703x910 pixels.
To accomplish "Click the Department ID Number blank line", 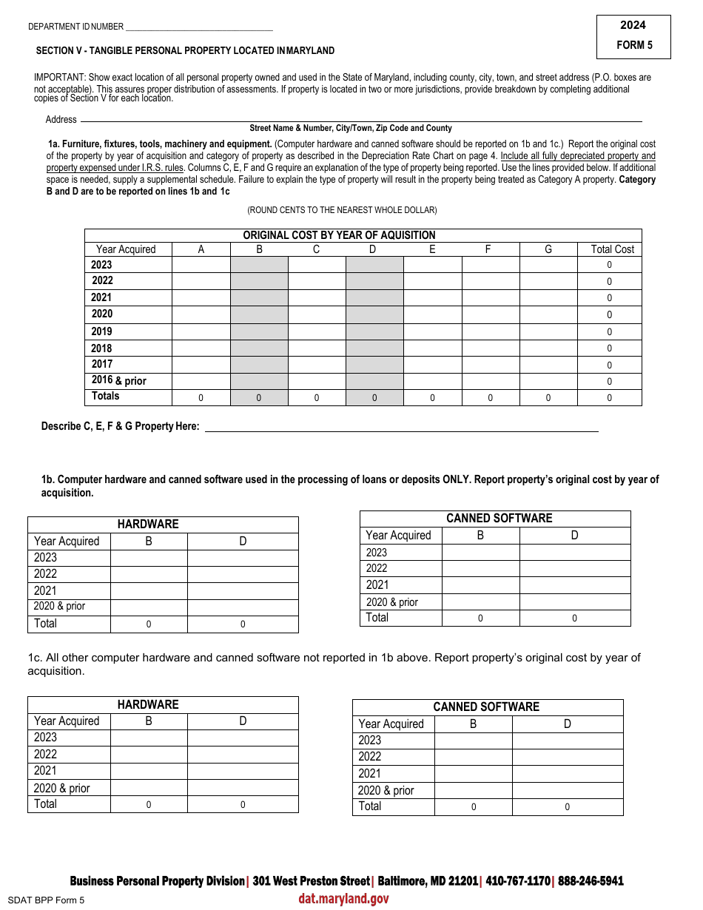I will point(199,27).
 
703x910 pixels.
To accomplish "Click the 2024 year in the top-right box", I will point(633,25).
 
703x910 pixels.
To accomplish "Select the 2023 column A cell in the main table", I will point(201,265).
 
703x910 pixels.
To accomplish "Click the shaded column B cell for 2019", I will point(259,331).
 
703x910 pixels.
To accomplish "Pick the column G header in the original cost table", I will point(548,249).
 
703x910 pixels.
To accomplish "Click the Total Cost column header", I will point(613,249).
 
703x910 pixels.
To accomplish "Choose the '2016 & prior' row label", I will point(119,380).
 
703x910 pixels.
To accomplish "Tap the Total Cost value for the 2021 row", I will point(610,298).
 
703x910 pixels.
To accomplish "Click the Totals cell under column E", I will point(432,398).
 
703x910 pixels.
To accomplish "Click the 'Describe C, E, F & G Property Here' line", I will point(400,427).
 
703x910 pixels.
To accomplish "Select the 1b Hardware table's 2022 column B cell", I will point(149,574).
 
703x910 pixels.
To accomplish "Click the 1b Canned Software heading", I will point(499,518).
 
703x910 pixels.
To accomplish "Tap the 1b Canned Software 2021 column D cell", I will point(574,585).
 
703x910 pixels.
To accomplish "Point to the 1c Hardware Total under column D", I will point(243,805).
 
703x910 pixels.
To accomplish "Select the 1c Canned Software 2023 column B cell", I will point(473,741).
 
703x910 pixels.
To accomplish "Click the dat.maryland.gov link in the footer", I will point(343,899).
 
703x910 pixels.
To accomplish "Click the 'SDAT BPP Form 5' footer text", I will point(45,900).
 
